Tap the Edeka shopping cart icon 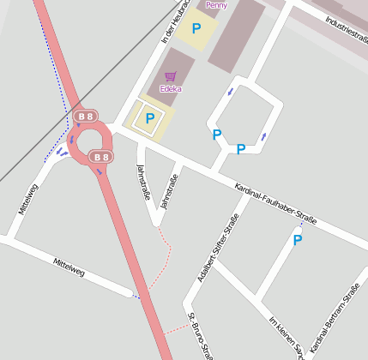click(x=170, y=76)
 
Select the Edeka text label click(x=170, y=87)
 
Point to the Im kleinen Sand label click(x=286, y=335)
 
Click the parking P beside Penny click(x=196, y=29)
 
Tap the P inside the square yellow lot click(x=150, y=119)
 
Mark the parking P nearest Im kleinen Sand click(x=297, y=241)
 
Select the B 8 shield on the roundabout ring click(x=101, y=157)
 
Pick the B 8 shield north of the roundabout click(x=85, y=116)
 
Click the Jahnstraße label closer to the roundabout click(x=143, y=182)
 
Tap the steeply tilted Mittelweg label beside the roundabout click(x=28, y=198)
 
